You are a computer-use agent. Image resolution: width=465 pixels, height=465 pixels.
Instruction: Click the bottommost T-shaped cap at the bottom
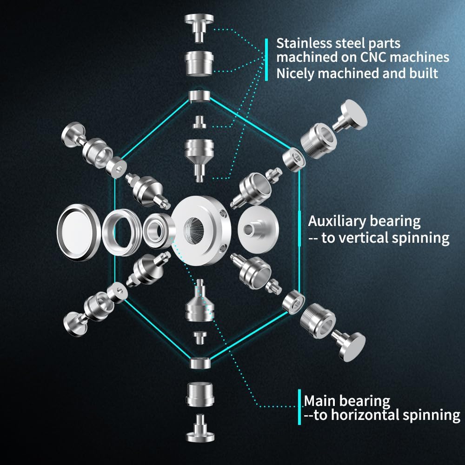tap(200, 431)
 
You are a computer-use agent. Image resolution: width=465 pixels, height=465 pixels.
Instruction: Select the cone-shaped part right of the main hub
tap(258, 228)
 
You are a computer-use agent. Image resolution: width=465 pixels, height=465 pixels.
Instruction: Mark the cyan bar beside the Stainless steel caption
tap(266, 60)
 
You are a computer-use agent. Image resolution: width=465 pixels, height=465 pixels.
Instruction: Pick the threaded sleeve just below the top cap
tap(199, 63)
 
